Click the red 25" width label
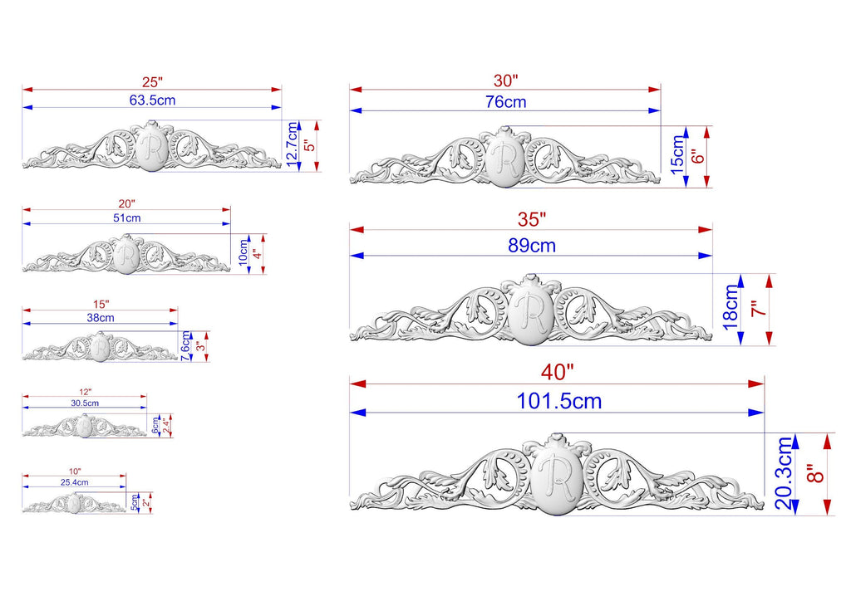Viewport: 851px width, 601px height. (153, 82)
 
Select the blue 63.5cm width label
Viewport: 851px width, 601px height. (153, 100)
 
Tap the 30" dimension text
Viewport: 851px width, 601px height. (506, 81)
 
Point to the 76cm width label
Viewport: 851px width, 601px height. (506, 102)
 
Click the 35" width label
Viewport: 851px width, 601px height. (532, 219)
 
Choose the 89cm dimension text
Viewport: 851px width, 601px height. (532, 246)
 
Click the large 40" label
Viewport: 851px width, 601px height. (558, 373)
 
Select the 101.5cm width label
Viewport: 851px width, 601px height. (559, 402)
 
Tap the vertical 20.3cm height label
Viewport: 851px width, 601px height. (785, 473)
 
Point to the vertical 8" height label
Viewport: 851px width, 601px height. (815, 473)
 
